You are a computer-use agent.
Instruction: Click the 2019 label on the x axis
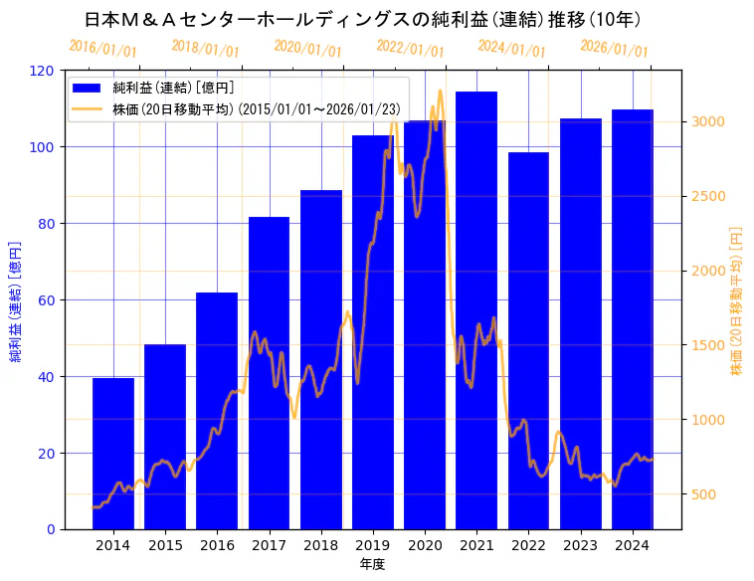(372, 544)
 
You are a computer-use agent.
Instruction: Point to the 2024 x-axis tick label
(632, 544)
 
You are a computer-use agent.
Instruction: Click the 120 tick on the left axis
(43, 71)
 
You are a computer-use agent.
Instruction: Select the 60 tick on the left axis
(47, 300)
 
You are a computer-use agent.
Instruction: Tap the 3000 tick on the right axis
(709, 121)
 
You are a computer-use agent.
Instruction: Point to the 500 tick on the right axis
(705, 494)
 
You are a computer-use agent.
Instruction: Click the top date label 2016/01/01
(102, 48)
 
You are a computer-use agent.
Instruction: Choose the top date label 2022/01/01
(410, 48)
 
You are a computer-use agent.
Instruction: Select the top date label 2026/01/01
(614, 48)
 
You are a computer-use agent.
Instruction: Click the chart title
(362, 19)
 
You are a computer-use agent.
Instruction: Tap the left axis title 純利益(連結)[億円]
(17, 300)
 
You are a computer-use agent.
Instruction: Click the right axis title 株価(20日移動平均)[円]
(737, 300)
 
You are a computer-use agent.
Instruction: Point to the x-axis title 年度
(372, 564)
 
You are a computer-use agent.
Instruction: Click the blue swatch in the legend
(87, 89)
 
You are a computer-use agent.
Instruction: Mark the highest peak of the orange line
(441, 91)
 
